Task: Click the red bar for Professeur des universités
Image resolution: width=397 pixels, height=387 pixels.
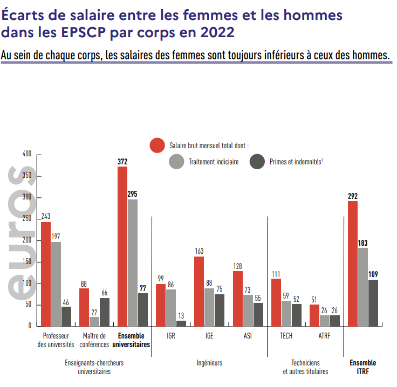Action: pyautogui.click(x=46, y=274)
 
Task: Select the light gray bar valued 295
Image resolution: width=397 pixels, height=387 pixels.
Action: pyautogui.click(x=132, y=262)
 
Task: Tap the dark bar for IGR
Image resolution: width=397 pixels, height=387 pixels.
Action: pyautogui.click(x=181, y=323)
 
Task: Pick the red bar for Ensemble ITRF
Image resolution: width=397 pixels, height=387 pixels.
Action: pyautogui.click(x=353, y=264)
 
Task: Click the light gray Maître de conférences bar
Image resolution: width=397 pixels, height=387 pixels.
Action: pyautogui.click(x=94, y=321)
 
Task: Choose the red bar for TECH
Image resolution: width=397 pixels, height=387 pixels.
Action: pyautogui.click(x=276, y=302)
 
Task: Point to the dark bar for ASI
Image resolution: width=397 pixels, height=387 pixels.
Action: pyautogui.click(x=258, y=314)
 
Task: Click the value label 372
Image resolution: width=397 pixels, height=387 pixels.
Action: pyautogui.click(x=122, y=161)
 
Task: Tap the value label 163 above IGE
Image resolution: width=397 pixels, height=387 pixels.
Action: pyautogui.click(x=199, y=251)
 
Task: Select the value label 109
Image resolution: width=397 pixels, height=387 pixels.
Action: pyautogui.click(x=373, y=274)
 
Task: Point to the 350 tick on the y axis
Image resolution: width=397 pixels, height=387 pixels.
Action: pyautogui.click(x=26, y=176)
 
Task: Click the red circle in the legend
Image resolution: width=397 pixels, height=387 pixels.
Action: pyautogui.click(x=157, y=146)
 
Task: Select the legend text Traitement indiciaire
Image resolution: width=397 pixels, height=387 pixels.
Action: pyautogui.click(x=214, y=161)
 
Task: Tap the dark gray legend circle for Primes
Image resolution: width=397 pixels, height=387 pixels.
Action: pyautogui.click(x=258, y=161)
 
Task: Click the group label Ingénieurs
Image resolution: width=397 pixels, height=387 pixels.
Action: pyautogui.click(x=210, y=363)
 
